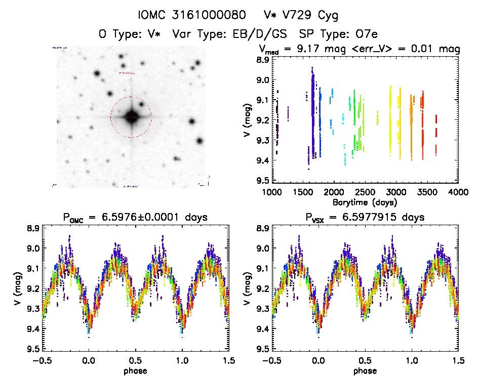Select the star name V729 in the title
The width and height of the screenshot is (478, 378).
pyautogui.click(x=299, y=15)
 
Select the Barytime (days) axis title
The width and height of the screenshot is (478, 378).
pyautogui.click(x=365, y=202)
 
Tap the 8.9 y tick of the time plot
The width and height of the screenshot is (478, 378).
pyautogui.click(x=262, y=60)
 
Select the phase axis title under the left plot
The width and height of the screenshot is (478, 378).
pyautogui.click(x=135, y=370)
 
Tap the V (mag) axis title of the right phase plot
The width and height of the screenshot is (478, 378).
pyautogui.click(x=246, y=289)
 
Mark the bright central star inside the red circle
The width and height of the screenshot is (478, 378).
pyautogui.click(x=131, y=117)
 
